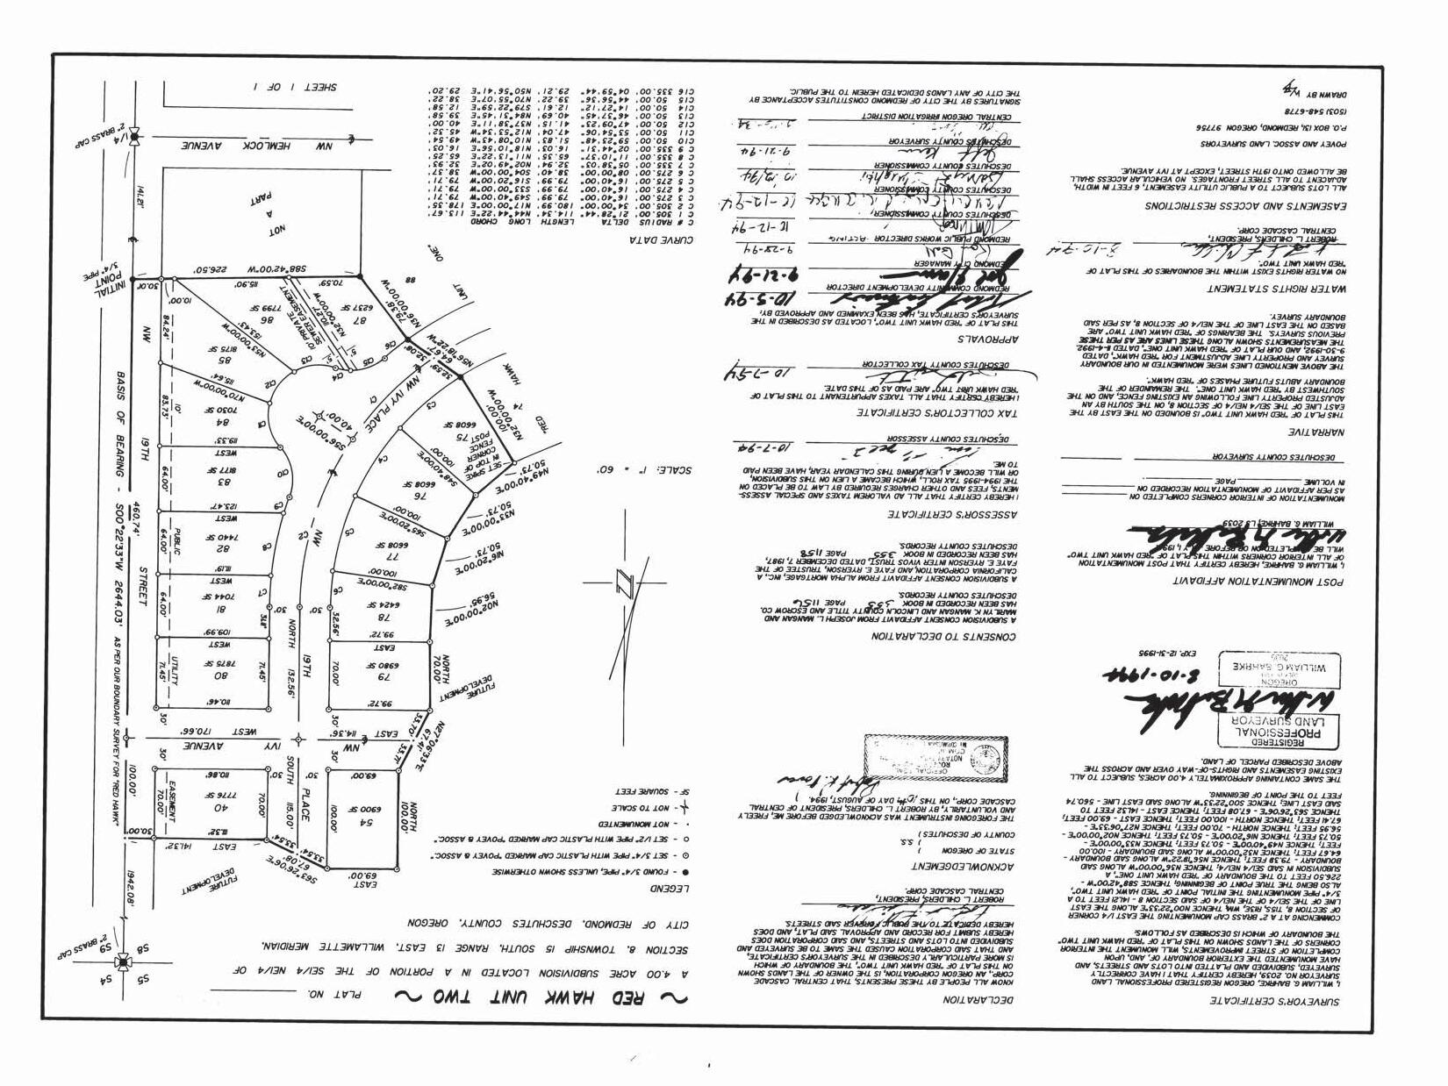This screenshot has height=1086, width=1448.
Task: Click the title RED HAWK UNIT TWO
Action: pyautogui.click(x=533, y=997)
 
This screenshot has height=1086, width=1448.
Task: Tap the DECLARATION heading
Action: pyautogui.click(x=978, y=998)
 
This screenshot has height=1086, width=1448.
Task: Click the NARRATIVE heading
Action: pyautogui.click(x=1261, y=432)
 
